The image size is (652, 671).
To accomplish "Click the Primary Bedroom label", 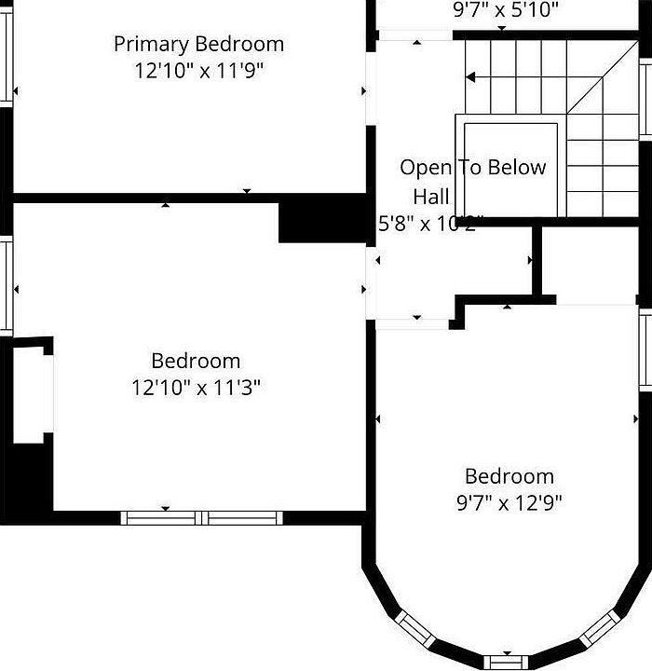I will (x=198, y=44).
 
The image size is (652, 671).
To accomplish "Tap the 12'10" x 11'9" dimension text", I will (x=198, y=71).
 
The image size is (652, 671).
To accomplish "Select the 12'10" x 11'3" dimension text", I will (x=196, y=387).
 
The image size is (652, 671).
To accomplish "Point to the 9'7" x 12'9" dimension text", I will (x=509, y=503).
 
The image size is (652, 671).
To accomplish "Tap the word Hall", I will (x=431, y=197).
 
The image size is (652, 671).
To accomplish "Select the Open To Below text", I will (x=472, y=168).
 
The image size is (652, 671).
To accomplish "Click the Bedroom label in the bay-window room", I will (x=509, y=476).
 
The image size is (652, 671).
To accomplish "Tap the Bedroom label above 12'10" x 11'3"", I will (x=196, y=361).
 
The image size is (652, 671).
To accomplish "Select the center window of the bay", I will (x=507, y=663).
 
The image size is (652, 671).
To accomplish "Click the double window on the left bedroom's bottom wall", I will (x=202, y=517).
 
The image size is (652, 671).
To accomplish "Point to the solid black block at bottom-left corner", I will (x=28, y=485).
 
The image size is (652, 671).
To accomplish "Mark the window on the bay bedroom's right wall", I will (x=645, y=349).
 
